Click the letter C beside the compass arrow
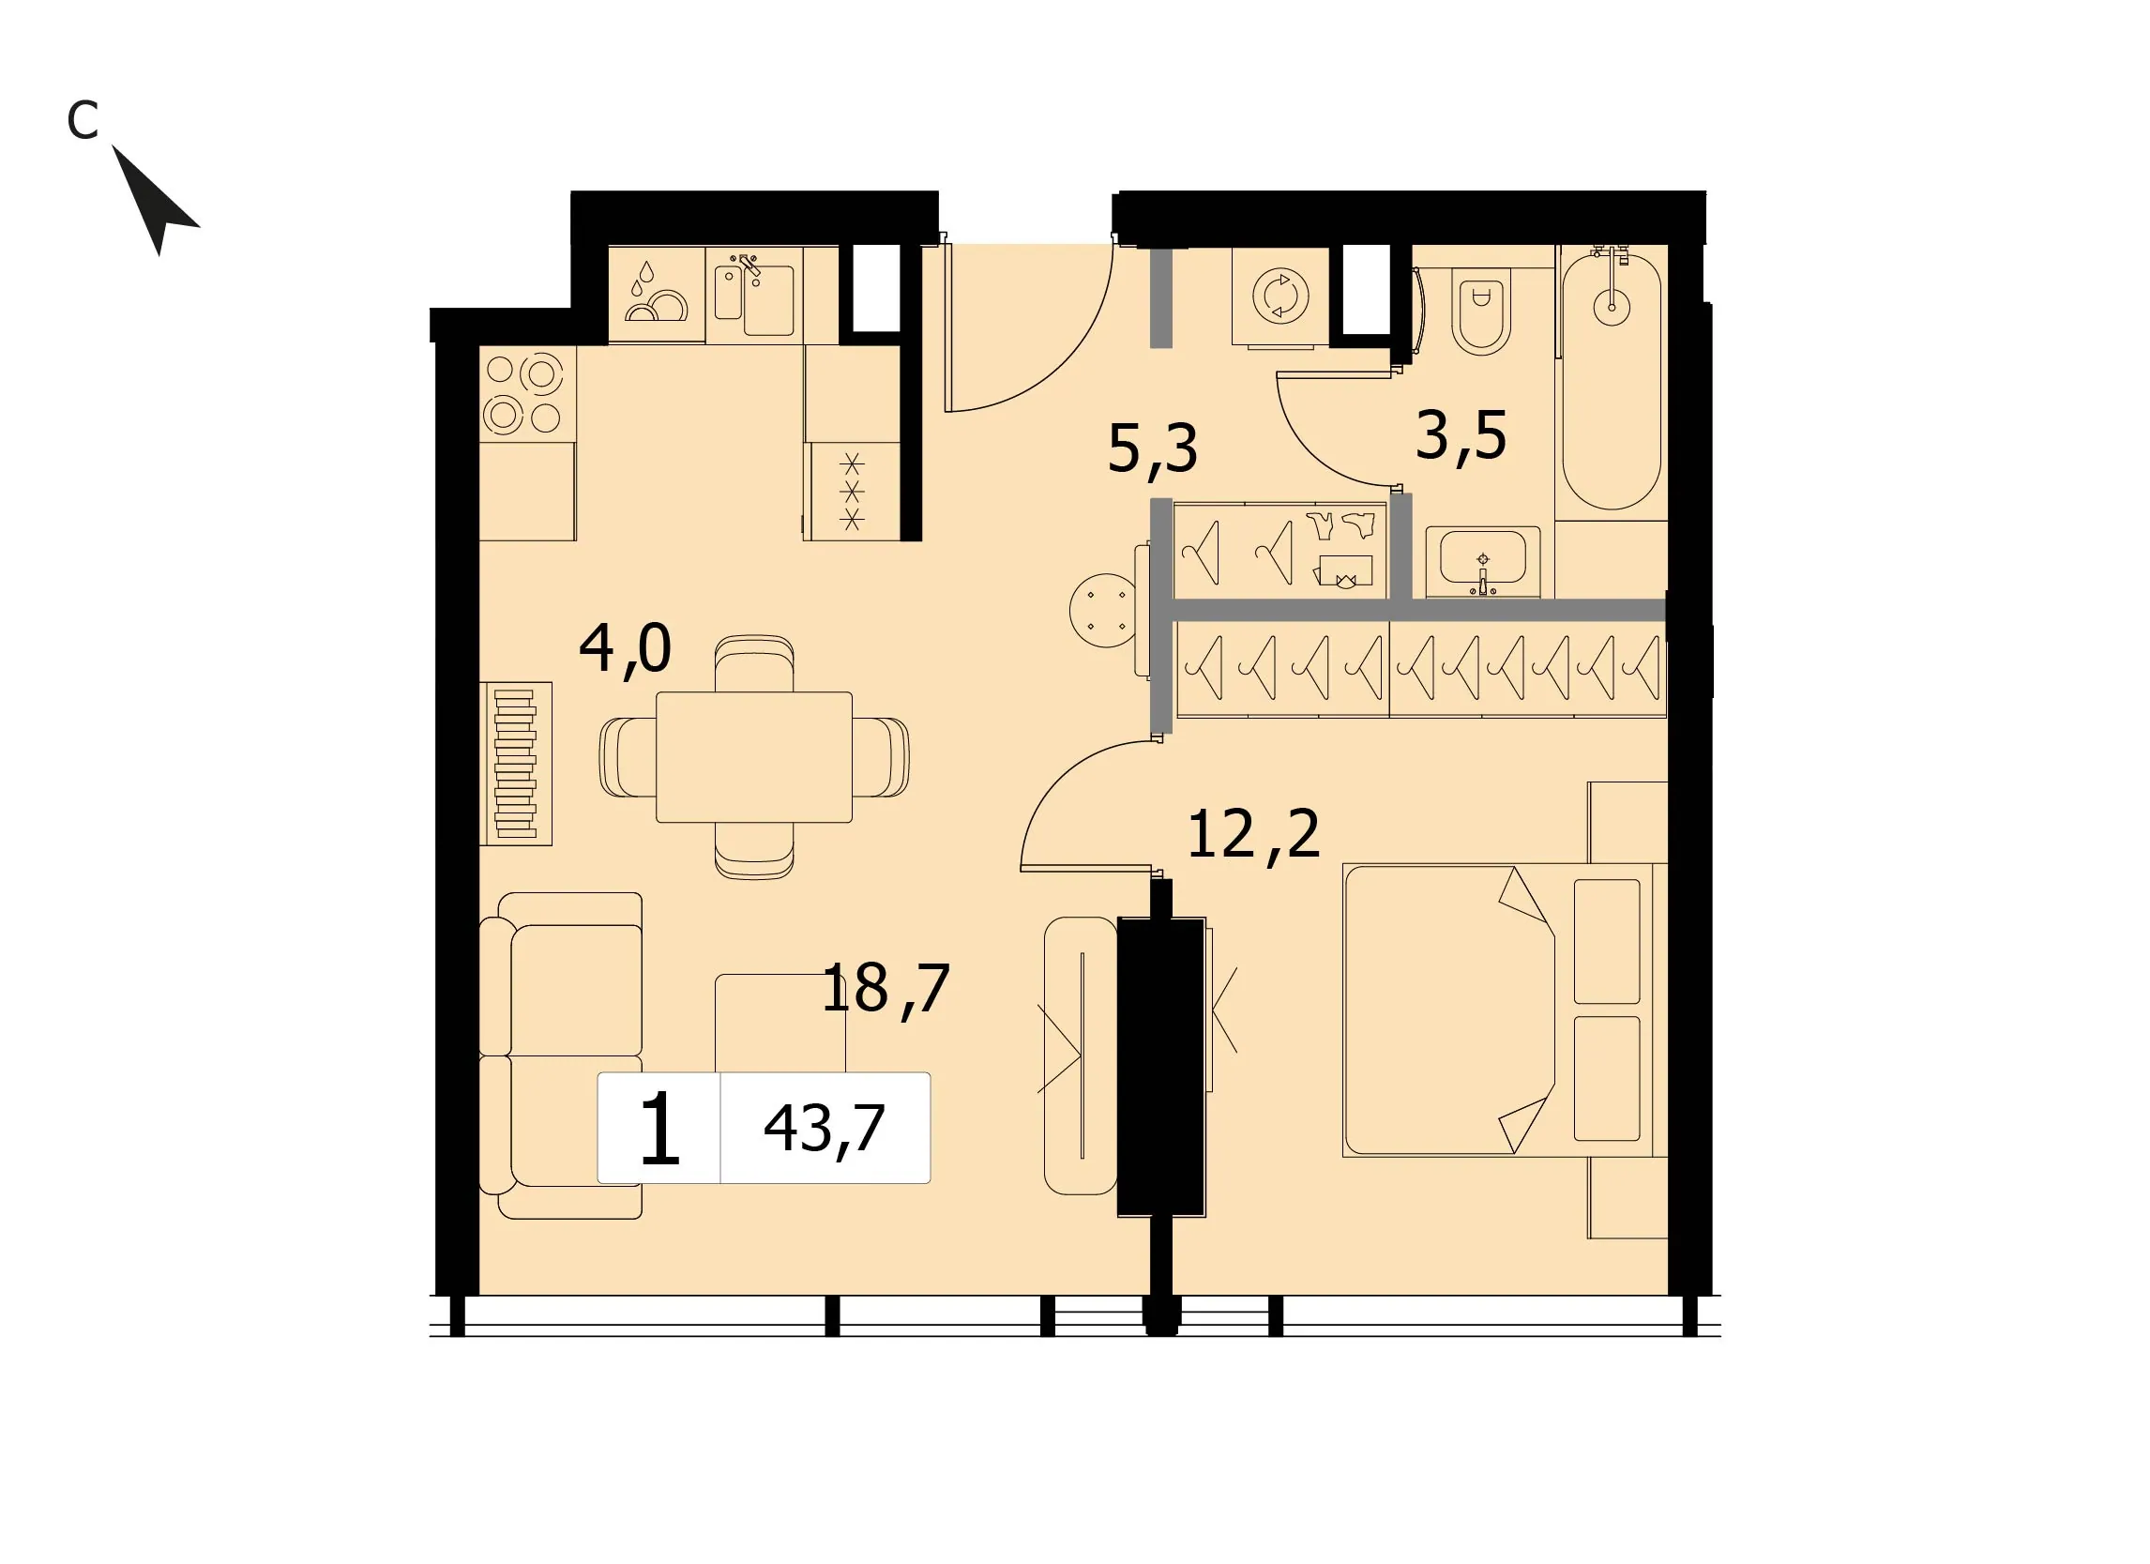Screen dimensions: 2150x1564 83,120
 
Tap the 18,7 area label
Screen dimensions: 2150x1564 885,990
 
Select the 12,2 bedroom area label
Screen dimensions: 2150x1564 1252,835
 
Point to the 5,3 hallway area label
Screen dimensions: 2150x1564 1152,449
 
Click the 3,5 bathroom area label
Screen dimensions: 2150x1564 1460,436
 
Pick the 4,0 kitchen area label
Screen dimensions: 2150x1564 625,650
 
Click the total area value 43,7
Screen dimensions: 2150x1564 824,1129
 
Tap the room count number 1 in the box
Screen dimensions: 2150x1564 659,1128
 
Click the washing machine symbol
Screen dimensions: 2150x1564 1280,296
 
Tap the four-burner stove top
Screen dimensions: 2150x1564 527,394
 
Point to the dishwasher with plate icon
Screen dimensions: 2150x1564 656,294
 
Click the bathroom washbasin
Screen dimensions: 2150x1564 1483,563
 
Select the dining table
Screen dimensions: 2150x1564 753,757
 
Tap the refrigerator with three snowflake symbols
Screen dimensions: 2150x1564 854,491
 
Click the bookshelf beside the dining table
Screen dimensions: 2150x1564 516,764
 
